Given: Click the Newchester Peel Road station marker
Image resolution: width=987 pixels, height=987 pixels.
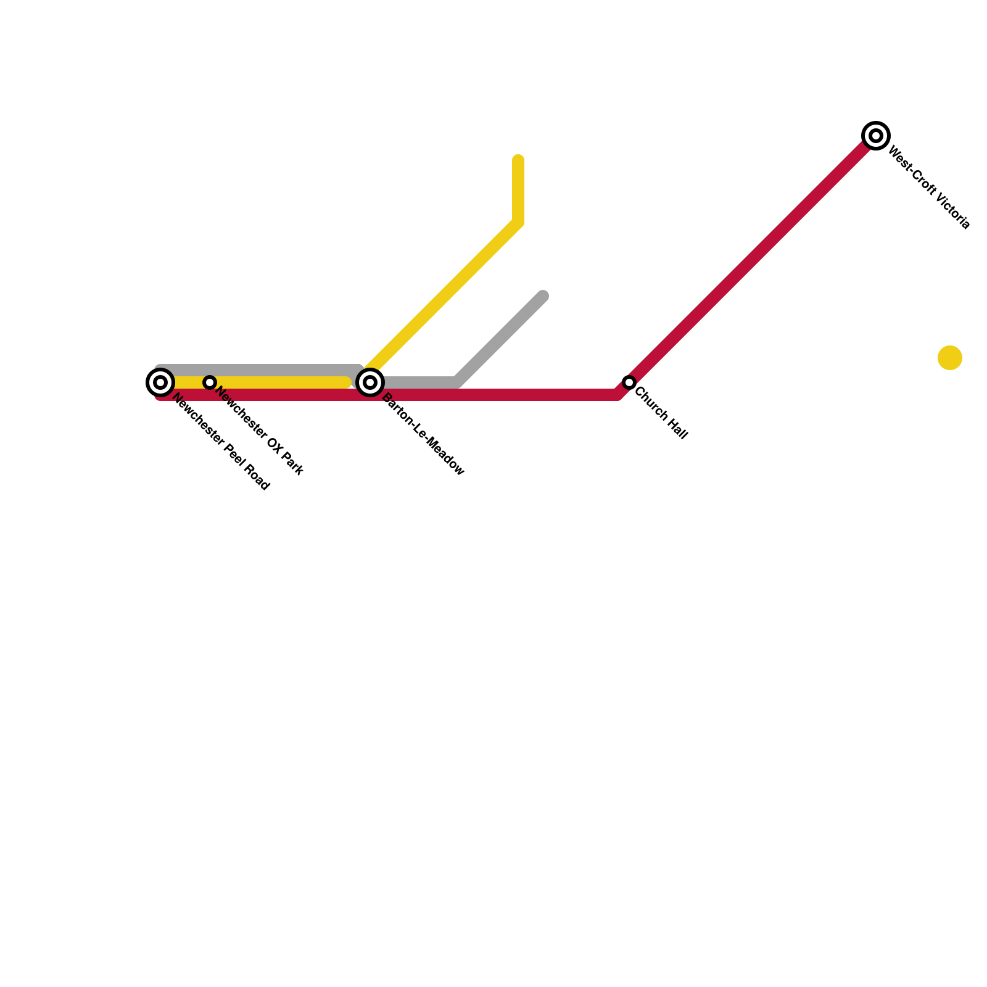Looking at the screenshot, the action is click(160, 382).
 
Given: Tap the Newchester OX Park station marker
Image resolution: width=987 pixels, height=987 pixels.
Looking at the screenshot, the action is click(210, 382).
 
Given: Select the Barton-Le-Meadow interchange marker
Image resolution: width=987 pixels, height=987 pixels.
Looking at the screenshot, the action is click(370, 382).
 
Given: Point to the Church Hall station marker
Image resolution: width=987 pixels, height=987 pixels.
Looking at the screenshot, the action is click(629, 382).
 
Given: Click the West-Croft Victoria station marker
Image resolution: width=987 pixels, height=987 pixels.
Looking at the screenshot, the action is click(875, 136).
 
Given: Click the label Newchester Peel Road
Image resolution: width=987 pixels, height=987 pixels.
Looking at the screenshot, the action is click(220, 442).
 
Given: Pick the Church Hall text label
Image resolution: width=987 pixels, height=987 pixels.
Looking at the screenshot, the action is click(661, 413).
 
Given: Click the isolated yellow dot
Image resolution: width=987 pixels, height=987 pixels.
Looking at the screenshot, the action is click(949, 358).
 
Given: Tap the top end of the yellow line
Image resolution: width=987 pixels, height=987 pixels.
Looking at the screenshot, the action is click(518, 160).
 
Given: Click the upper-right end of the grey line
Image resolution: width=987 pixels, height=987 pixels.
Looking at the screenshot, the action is click(543, 297).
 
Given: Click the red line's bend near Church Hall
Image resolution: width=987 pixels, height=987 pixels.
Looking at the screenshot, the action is click(617, 394).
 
